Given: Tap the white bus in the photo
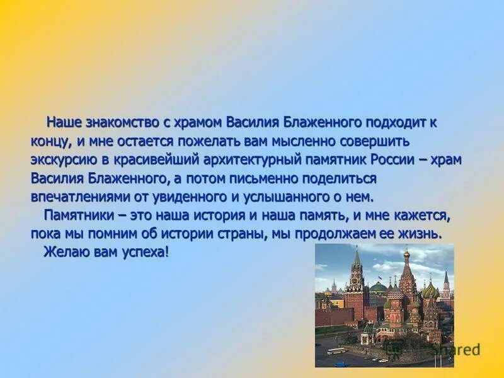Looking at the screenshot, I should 336,351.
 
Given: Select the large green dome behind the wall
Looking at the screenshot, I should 379,287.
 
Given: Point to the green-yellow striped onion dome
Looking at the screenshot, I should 430,291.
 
